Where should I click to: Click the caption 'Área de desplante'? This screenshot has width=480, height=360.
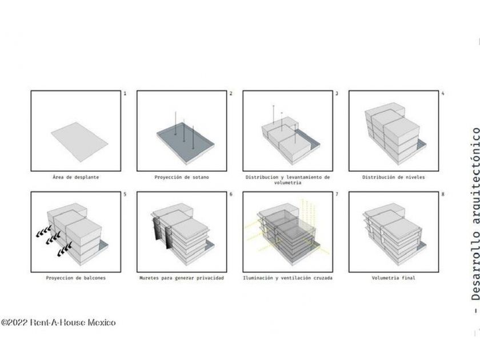(x=75, y=177)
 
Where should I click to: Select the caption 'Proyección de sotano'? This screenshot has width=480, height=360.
(x=182, y=177)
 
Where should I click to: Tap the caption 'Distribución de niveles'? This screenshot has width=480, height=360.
(x=393, y=177)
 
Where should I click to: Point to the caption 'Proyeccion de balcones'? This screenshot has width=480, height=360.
(x=75, y=278)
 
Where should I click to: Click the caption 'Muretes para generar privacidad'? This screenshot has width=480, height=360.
(x=182, y=278)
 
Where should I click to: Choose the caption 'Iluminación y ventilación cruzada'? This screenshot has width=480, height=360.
(x=287, y=278)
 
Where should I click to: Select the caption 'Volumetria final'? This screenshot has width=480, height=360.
(x=393, y=278)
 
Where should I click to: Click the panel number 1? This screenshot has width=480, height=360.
(x=125, y=93)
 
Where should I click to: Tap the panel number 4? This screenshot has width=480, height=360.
(x=443, y=93)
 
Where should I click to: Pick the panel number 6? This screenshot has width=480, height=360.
(x=231, y=194)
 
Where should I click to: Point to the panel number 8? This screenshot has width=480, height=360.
(x=443, y=194)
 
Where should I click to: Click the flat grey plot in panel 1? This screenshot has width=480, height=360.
(x=79, y=142)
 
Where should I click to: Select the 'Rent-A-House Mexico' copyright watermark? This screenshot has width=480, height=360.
(x=58, y=323)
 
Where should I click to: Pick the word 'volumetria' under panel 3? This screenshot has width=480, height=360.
(x=287, y=183)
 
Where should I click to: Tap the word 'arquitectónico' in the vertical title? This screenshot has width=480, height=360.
(x=475, y=177)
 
